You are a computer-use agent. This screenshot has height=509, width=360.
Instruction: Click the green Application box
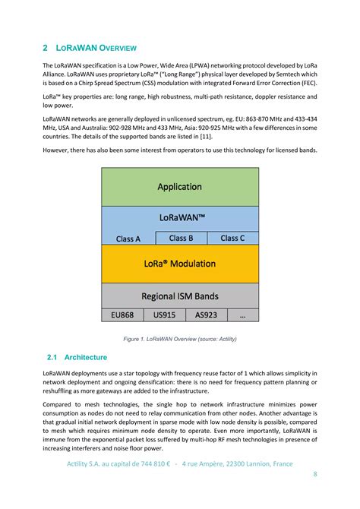pos(179,186)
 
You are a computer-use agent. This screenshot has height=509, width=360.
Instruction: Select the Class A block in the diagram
pos(128,239)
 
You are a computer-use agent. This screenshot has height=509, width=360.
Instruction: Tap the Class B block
pos(181,238)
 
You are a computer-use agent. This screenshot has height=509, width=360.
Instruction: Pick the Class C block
pos(232,238)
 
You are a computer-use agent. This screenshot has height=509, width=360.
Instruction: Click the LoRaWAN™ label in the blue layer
pos(179,217)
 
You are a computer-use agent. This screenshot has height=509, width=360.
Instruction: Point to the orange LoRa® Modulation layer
pos(179,264)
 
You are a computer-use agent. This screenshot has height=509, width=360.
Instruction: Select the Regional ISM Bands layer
pos(179,296)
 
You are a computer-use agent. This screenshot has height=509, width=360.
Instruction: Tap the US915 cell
pos(164,315)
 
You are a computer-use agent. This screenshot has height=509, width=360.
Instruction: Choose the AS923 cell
pos(206,315)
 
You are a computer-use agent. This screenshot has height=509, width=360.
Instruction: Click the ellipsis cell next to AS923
pos(242,315)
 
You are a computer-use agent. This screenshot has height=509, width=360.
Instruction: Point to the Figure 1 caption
pos(179,338)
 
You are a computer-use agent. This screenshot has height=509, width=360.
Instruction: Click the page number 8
pos(314,476)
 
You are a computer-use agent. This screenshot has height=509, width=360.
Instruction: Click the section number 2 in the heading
pos(46,47)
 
